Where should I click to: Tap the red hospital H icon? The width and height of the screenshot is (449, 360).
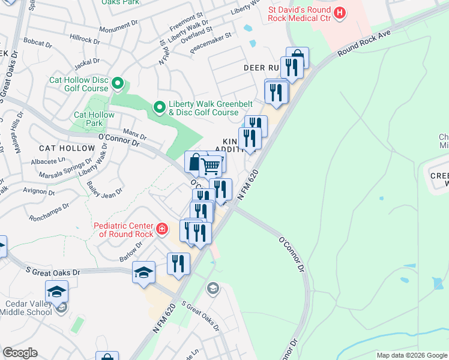pyautogui.click(x=340, y=12)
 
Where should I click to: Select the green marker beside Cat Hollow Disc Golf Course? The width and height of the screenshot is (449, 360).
pyautogui.click(x=118, y=83)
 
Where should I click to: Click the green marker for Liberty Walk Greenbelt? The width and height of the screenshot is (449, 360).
pyautogui.click(x=159, y=107)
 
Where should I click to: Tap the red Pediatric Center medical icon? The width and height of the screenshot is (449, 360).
pyautogui.click(x=161, y=229)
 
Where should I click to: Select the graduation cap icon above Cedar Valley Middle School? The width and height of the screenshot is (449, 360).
pyautogui.click(x=56, y=292)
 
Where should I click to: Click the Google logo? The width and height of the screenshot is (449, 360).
pyautogui.click(x=20, y=353)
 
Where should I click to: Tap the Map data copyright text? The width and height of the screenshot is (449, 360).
pyautogui.click(x=411, y=355)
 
